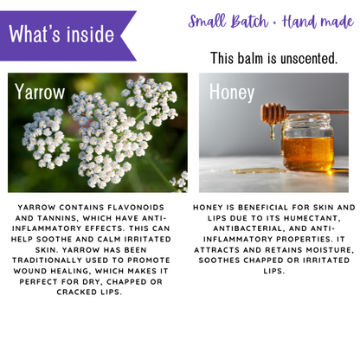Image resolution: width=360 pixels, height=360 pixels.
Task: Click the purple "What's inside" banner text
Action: click(x=61, y=35)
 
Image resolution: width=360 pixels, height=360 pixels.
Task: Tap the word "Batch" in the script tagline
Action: click(x=249, y=22)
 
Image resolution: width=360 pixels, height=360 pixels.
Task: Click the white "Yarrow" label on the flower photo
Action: click(x=40, y=92)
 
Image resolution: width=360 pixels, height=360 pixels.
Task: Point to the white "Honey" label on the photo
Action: click(x=232, y=93)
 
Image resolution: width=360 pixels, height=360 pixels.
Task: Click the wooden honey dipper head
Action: click(x=273, y=113)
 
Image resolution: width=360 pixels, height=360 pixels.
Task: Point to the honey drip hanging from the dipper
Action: click(x=273, y=132)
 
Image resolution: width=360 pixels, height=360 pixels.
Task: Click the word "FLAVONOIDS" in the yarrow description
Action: click(x=136, y=208)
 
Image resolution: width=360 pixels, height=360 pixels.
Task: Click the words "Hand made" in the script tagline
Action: click(x=318, y=22)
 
